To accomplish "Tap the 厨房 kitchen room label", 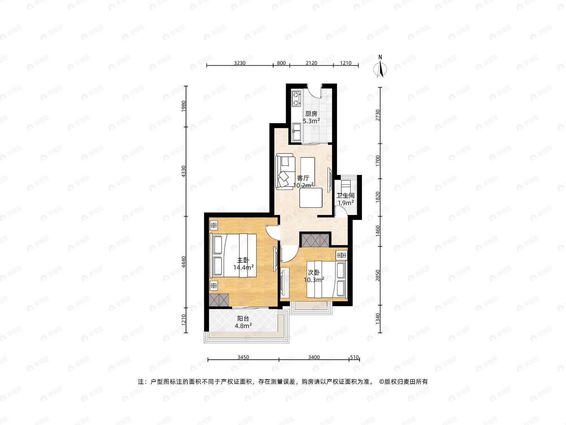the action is tap(311, 114).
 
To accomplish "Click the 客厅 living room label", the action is tap(303, 178).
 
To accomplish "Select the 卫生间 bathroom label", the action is tap(346, 196).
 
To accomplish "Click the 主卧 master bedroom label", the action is tap(243, 260).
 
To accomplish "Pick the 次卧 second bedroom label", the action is tap(314, 272).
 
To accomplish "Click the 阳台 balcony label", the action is tap(243, 319).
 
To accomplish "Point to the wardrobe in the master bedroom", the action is tap(219, 300).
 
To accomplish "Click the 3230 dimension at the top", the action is tap(240, 63).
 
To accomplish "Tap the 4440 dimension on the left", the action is tap(184, 262).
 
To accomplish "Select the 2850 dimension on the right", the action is tap(378, 276).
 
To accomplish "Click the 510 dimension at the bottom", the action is tap(355, 357).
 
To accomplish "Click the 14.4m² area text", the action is tap(243, 267).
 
